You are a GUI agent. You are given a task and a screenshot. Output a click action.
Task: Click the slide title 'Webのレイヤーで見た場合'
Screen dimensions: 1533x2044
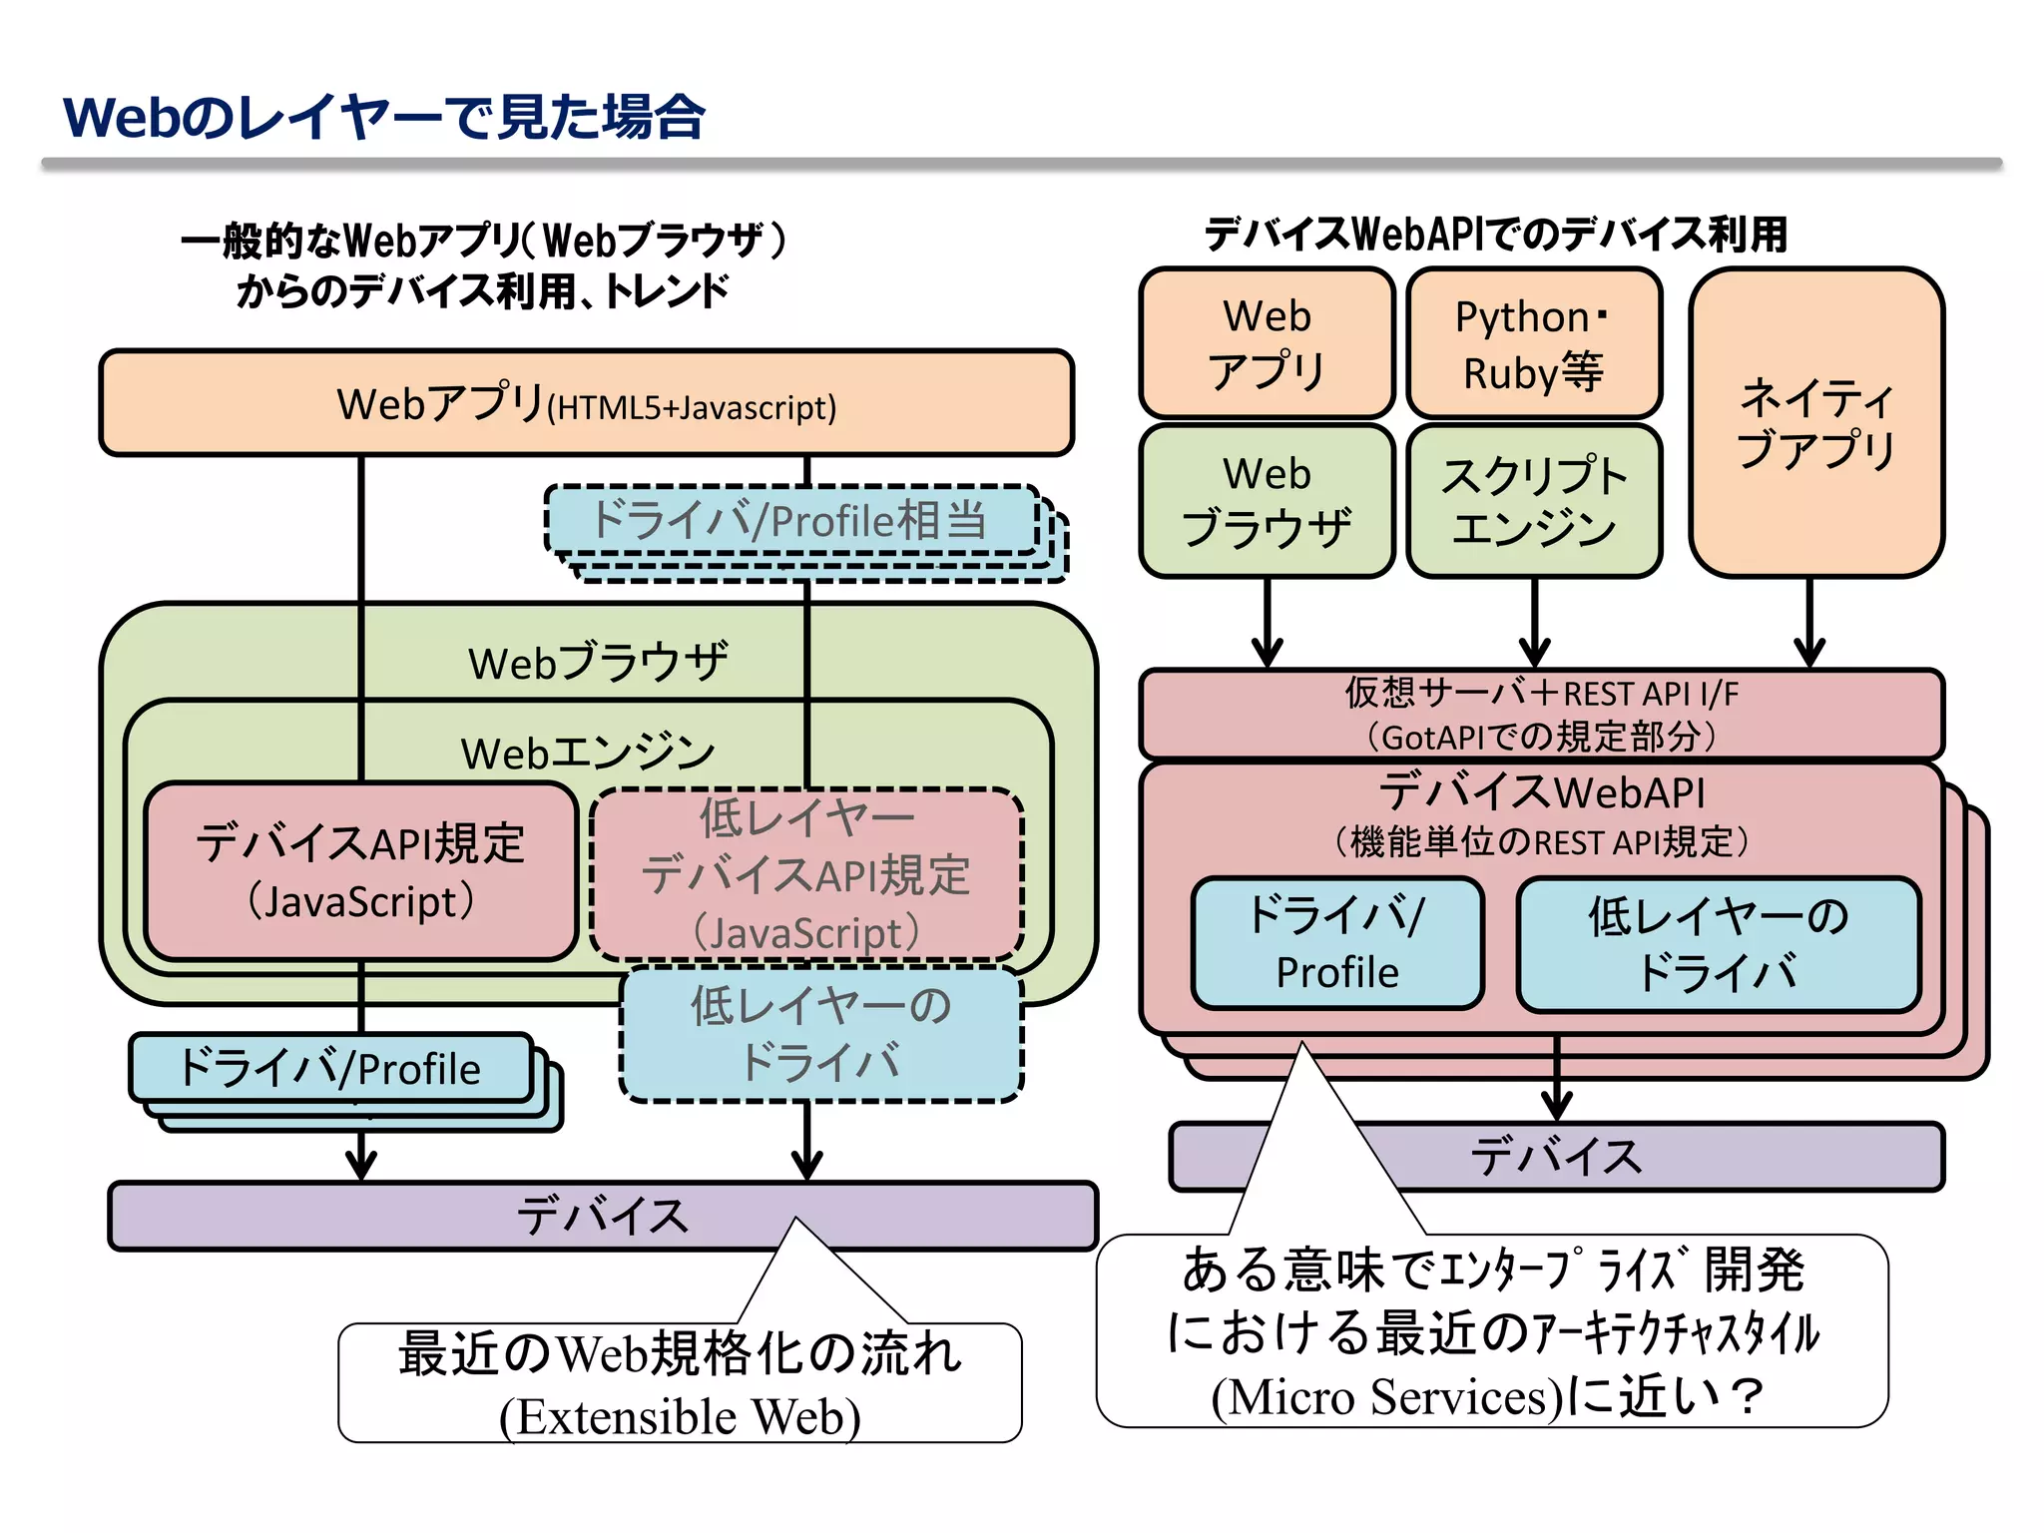383,117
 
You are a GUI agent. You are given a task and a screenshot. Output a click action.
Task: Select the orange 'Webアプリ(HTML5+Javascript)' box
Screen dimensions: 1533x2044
586,403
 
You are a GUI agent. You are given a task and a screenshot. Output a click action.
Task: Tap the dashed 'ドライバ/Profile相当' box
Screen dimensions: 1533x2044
788,520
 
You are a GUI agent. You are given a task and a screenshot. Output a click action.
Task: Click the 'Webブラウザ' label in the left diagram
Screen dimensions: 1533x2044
598,662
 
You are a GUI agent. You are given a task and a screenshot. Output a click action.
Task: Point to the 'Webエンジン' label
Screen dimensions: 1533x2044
588,752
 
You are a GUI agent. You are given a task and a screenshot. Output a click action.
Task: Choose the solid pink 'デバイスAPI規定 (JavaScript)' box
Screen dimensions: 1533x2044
360,870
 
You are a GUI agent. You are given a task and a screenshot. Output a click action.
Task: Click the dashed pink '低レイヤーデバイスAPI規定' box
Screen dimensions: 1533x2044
806,873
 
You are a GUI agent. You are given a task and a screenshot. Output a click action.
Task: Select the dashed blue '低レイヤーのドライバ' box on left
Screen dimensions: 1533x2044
820,1033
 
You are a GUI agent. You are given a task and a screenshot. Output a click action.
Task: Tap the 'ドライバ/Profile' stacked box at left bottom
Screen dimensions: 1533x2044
330,1068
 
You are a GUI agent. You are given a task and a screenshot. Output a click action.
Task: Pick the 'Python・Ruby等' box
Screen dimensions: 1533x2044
1534,343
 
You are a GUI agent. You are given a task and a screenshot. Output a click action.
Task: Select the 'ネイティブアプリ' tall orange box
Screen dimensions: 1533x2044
1815,421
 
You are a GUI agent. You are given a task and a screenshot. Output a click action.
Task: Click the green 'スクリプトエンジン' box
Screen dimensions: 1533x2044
1534,501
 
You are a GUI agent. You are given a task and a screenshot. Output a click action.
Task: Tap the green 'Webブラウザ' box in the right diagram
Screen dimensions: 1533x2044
1267,501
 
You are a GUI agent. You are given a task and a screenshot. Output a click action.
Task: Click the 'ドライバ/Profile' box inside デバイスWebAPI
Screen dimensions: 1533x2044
1337,943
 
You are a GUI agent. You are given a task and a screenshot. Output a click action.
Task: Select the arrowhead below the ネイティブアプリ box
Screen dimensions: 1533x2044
1809,653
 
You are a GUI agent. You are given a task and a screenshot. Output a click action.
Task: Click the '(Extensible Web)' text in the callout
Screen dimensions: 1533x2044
680,1415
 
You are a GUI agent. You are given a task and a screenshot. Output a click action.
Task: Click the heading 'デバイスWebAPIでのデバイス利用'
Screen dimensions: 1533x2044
1494,235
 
